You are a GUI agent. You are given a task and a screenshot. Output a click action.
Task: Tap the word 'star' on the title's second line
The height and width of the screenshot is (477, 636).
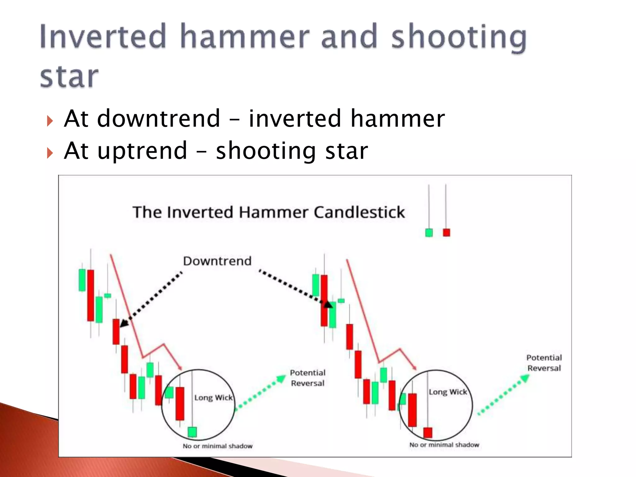tap(69, 77)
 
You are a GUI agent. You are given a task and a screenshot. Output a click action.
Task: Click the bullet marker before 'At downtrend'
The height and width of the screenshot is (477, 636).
tap(50, 120)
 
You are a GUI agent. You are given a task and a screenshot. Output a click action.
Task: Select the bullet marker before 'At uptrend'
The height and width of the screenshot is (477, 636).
tap(50, 153)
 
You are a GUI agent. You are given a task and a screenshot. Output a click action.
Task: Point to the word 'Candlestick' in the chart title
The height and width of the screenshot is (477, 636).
tap(359, 212)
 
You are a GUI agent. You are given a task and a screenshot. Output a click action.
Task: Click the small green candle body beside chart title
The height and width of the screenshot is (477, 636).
tap(429, 233)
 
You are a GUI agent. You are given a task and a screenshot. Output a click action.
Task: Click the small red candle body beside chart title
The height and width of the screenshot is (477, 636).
tap(446, 233)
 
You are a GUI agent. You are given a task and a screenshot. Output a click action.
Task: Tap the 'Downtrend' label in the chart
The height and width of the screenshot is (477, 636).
tap(217, 261)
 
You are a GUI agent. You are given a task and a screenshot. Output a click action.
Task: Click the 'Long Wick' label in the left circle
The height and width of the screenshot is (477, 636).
tap(213, 398)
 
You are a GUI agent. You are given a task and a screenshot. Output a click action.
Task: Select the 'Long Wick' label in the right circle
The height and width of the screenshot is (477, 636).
tap(448, 392)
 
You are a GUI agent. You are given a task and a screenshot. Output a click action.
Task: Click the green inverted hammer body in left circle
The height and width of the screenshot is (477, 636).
tap(192, 432)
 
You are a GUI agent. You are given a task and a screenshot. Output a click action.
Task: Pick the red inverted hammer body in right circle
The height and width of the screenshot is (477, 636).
tap(428, 433)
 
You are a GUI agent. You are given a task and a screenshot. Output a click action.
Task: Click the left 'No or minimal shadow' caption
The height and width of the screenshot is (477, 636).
tap(217, 446)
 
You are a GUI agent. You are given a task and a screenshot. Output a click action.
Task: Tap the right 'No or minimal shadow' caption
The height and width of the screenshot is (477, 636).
tap(444, 445)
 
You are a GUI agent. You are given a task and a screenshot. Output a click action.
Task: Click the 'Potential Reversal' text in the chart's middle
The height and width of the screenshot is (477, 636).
tap(308, 378)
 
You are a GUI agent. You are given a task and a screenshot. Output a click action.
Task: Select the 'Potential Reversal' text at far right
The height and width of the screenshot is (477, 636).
tap(544, 363)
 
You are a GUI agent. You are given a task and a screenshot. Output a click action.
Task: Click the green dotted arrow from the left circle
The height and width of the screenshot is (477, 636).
tap(260, 393)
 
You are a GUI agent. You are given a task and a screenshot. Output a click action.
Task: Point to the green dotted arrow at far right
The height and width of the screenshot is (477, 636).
tap(503, 395)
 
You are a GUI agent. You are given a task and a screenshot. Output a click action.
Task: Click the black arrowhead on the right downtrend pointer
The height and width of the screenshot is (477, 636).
tap(328, 305)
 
